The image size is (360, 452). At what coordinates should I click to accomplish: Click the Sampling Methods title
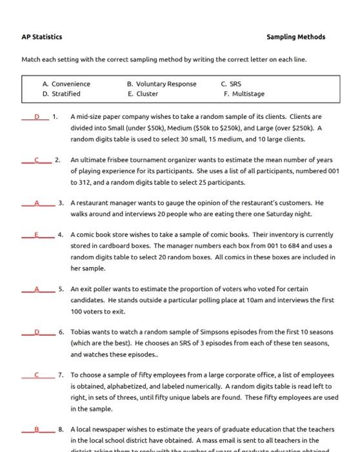295,37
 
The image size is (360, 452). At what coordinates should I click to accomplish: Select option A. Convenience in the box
66,84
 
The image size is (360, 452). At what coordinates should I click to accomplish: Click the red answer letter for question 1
37,117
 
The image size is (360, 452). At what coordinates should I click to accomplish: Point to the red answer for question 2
37,159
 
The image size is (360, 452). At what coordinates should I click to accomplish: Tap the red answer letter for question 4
37,234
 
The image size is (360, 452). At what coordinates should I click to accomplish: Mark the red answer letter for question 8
37,428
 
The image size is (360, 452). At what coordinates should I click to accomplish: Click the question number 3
61,202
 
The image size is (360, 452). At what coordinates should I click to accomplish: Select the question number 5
61,289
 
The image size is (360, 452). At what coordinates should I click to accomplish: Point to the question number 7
61,375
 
